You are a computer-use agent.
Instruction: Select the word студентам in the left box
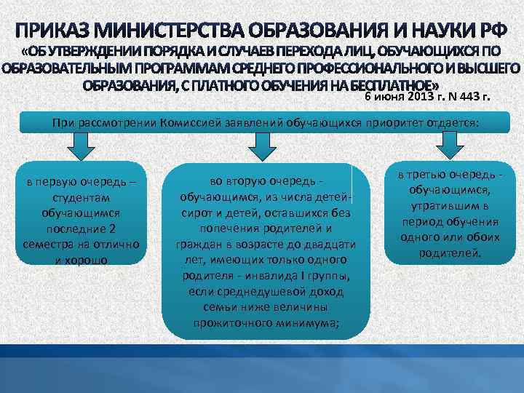tap(82, 198)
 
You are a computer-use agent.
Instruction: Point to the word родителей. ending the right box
tap(450, 253)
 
